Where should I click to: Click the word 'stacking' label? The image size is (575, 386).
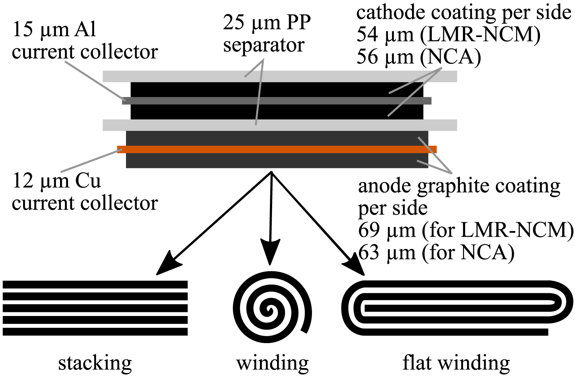point(95,363)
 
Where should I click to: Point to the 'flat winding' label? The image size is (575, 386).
point(456,363)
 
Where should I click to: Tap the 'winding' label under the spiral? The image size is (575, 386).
point(272,363)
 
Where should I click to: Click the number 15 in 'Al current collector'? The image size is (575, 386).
point(22,29)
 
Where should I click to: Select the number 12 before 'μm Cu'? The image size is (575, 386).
point(22,181)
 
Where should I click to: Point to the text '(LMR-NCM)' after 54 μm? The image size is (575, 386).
point(480,35)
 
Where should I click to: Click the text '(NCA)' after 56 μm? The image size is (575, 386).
point(450,57)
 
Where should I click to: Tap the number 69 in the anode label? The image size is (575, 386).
point(368,231)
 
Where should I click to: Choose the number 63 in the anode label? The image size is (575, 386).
point(368,253)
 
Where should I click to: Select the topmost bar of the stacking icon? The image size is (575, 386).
point(95,284)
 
